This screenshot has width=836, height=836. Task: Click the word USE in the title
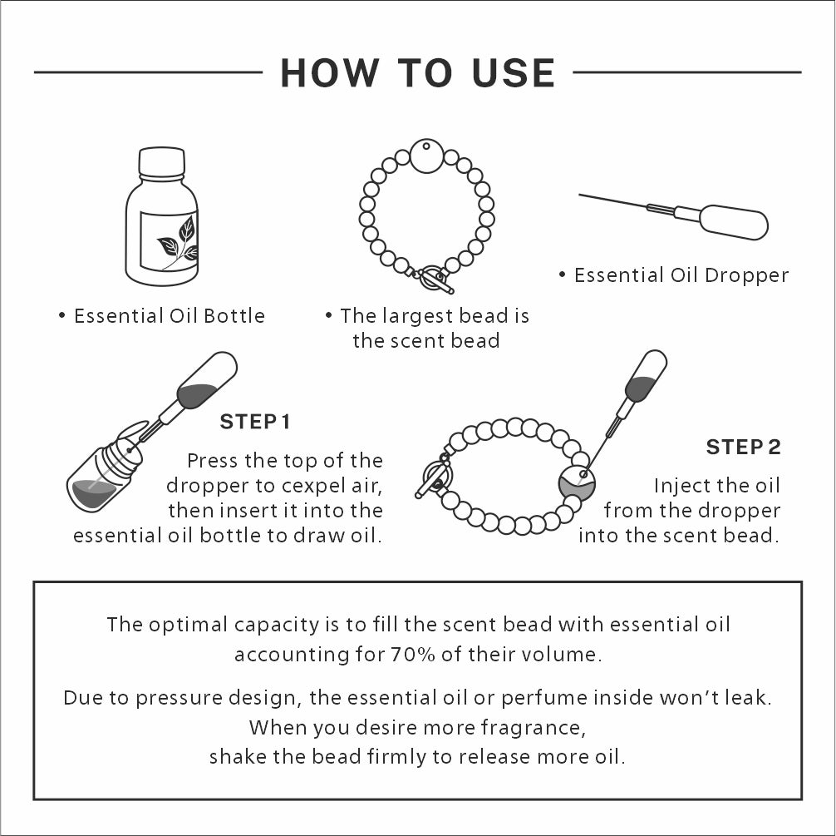(514, 72)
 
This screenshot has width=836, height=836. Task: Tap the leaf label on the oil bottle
(169, 241)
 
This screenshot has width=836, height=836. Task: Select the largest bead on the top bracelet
(426, 156)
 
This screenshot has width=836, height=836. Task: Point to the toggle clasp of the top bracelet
(433, 278)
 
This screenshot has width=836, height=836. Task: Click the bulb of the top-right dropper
(734, 222)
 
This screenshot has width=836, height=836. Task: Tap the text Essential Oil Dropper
(681, 275)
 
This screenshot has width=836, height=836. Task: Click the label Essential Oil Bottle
(169, 316)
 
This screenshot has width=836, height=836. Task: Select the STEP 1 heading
(255, 422)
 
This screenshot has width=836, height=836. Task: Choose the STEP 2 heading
(743, 447)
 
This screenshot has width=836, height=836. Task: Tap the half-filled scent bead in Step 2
(577, 483)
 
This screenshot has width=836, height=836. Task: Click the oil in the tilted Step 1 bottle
(94, 493)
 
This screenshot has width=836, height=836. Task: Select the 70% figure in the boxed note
(413, 655)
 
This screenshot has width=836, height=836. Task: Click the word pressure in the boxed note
(179, 698)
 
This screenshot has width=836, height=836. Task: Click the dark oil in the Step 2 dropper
(641, 388)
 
